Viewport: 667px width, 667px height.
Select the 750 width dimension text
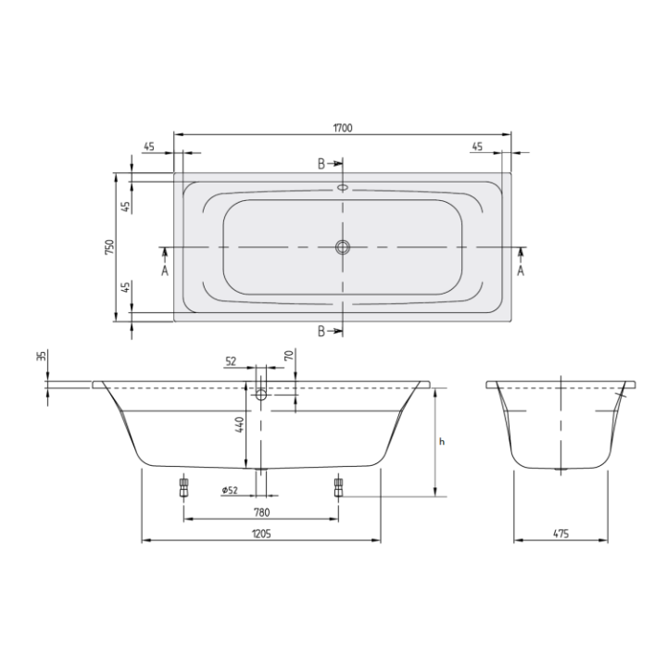[109, 246]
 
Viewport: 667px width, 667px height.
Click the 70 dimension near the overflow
[289, 356]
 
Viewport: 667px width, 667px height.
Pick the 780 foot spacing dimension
[261, 512]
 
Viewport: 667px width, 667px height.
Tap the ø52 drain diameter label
[231, 490]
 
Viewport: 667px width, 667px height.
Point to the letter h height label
[442, 442]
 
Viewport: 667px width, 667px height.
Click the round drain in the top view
[343, 247]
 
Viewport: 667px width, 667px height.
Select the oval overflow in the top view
[343, 185]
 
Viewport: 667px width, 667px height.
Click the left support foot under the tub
[184, 486]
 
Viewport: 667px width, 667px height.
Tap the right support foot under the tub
[337, 486]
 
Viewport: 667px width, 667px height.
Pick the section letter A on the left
[164, 271]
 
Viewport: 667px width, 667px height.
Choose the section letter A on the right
[521, 271]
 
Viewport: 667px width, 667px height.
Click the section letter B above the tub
[321, 164]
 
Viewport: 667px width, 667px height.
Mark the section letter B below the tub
[321, 332]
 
